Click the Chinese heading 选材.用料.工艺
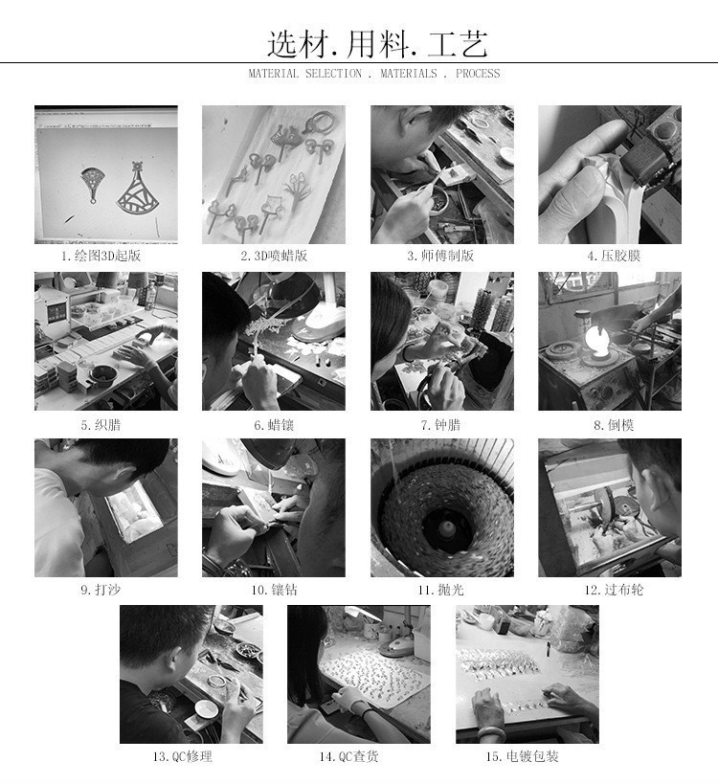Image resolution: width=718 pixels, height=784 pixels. [377, 43]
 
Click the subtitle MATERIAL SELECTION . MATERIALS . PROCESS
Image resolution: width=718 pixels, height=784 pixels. [373, 74]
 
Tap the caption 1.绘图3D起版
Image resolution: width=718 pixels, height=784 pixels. [105, 256]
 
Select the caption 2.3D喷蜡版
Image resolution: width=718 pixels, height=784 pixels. [274, 256]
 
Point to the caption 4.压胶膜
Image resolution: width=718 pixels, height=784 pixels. [609, 256]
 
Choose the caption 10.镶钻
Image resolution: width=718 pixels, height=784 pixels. [274, 590]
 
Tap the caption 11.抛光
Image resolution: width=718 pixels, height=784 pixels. [440, 590]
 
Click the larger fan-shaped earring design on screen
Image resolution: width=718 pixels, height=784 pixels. [141, 191]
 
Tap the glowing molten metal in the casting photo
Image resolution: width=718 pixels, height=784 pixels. [596, 340]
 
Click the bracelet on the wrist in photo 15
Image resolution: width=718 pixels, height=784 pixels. [497, 716]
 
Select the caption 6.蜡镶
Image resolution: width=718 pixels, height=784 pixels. [274, 424]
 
